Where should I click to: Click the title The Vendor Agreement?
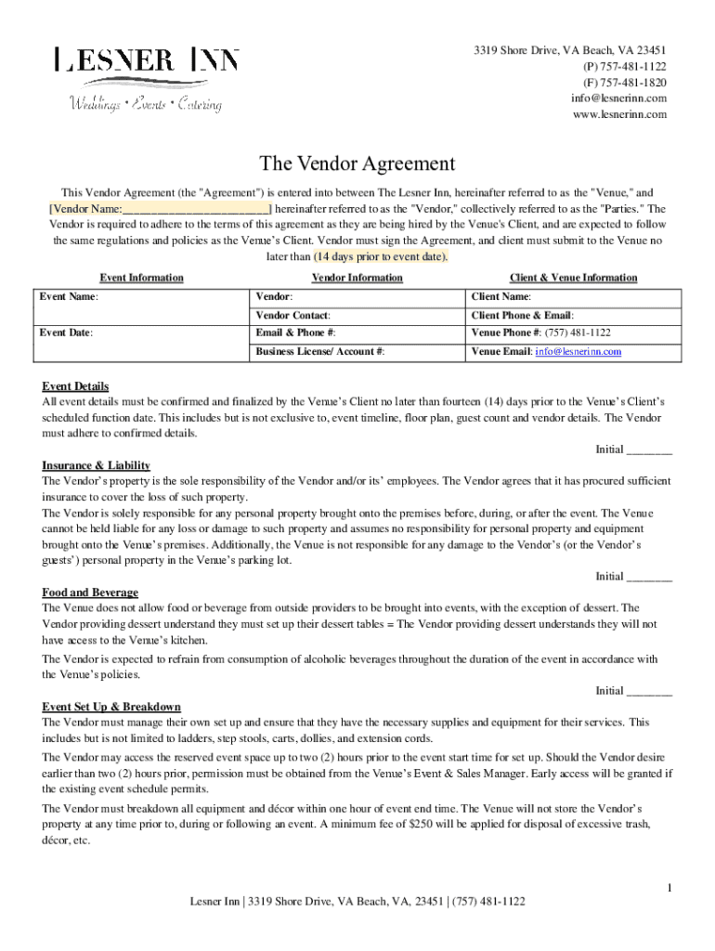tap(357, 164)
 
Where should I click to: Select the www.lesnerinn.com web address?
tap(619, 114)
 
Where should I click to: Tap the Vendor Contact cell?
tap(356, 316)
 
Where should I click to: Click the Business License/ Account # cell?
tap(356, 352)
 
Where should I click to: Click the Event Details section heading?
tap(75, 386)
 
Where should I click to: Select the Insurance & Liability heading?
tap(96, 465)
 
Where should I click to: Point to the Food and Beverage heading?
tap(90, 593)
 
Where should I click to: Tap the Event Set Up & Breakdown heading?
tap(111, 707)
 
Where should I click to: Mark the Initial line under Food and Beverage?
tap(649, 691)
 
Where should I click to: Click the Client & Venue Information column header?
tap(573, 278)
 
